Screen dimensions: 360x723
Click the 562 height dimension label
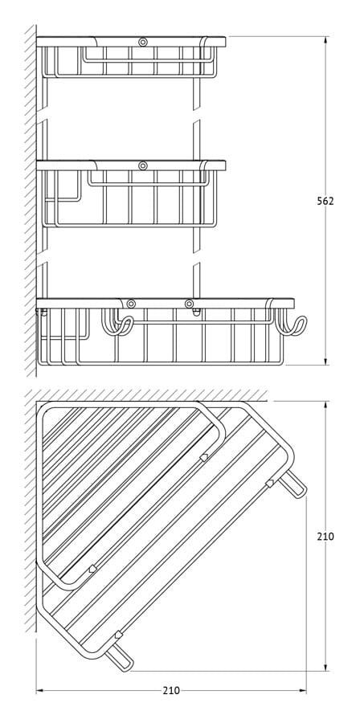[x=325, y=201]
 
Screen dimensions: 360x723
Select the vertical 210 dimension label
[x=325, y=537]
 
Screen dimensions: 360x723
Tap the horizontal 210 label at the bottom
[x=171, y=690]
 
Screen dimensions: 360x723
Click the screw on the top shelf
[x=143, y=42]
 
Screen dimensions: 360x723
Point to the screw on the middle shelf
[x=143, y=165]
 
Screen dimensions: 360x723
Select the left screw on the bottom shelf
[x=131, y=304]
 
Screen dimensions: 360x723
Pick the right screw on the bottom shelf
[x=189, y=304]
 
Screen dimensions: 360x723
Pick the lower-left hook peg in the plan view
[x=120, y=657]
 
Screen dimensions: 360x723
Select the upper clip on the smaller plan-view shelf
[x=204, y=457]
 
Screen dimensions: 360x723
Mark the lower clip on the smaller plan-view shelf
[x=93, y=569]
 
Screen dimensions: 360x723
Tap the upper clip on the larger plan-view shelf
[x=270, y=484]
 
